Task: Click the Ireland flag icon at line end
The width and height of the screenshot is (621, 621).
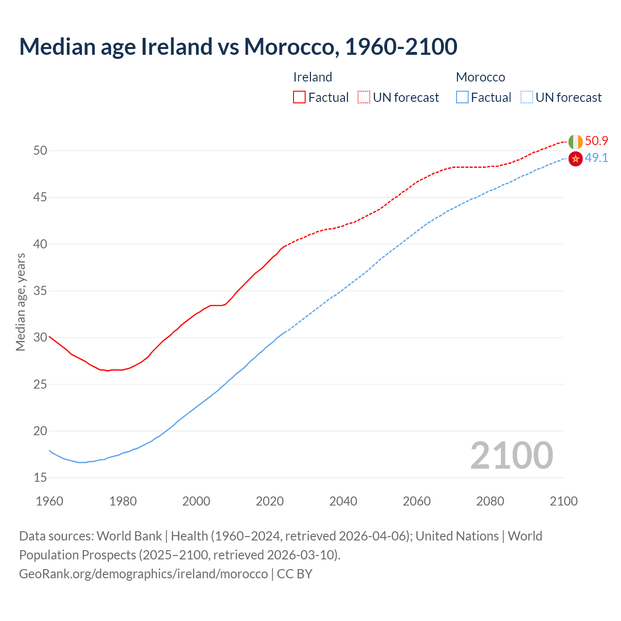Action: (x=575, y=142)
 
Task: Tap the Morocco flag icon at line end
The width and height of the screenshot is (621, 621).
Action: (x=575, y=159)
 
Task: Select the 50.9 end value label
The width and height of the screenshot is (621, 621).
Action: (x=596, y=141)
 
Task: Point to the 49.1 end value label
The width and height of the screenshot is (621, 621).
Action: (x=596, y=158)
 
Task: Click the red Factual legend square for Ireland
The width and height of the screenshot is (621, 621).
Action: (x=299, y=98)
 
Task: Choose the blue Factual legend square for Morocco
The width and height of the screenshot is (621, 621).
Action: (x=462, y=98)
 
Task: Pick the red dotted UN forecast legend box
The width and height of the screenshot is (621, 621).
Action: (x=364, y=98)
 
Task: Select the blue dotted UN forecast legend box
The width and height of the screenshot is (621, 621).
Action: (x=527, y=98)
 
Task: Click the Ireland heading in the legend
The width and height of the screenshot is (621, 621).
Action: (x=312, y=77)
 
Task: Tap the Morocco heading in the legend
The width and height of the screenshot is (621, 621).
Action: (x=480, y=77)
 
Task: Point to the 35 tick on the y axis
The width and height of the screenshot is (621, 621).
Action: (x=40, y=291)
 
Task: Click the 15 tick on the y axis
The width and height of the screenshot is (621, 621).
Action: (x=40, y=478)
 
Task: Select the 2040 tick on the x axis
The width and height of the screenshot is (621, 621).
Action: (x=343, y=501)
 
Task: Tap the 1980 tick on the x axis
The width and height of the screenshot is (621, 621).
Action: (x=123, y=501)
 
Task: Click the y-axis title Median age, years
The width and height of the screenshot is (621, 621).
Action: (x=20, y=302)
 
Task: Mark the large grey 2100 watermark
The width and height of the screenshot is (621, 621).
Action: (x=511, y=455)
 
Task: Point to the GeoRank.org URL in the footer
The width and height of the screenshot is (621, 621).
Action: (x=143, y=573)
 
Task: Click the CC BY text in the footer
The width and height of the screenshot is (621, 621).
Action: (x=294, y=573)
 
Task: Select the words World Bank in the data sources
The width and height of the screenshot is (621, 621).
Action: (x=129, y=536)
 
